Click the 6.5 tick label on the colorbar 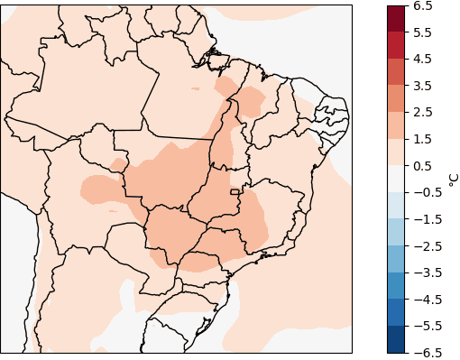(x=423, y=6)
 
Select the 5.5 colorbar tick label (x=423, y=32)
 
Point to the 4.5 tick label (x=423, y=60)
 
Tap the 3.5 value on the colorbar (x=423, y=86)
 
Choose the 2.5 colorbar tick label (x=423, y=113)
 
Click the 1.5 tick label (x=423, y=139)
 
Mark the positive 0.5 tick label (x=423, y=166)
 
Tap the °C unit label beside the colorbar (x=453, y=179)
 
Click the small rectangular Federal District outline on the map (x=235, y=191)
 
